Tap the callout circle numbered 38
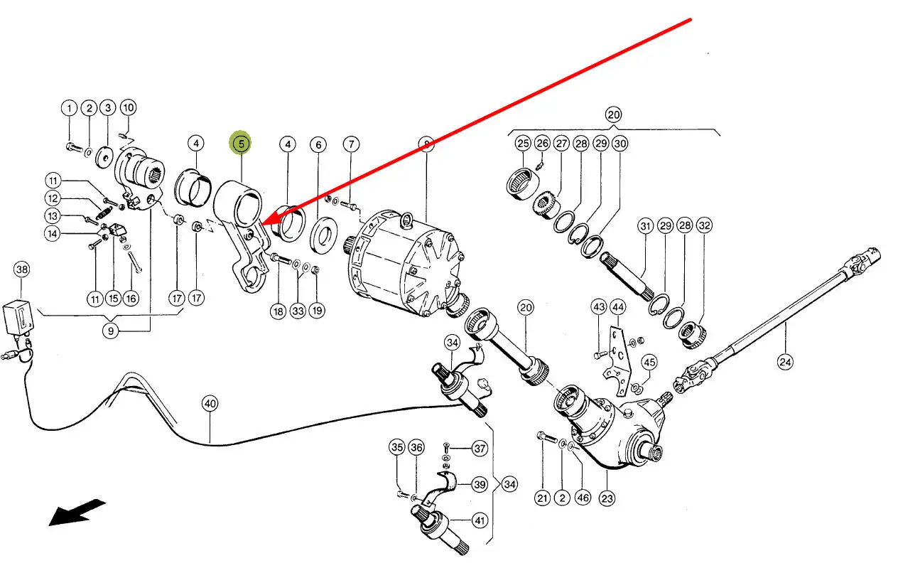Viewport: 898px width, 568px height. pyautogui.click(x=22, y=269)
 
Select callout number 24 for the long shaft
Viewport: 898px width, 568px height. pyautogui.click(x=784, y=363)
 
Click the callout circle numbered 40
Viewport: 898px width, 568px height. pyautogui.click(x=210, y=404)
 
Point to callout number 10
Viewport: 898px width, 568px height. pyautogui.click(x=127, y=108)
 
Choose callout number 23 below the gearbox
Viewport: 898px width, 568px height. pyautogui.click(x=606, y=498)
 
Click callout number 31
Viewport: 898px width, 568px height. pyautogui.click(x=645, y=227)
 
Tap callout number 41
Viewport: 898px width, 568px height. pyautogui.click(x=480, y=520)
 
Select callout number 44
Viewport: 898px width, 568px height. pyautogui.click(x=618, y=307)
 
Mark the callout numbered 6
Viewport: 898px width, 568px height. pyautogui.click(x=318, y=145)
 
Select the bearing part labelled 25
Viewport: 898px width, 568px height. pyautogui.click(x=521, y=179)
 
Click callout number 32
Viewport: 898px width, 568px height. pyautogui.click(x=704, y=227)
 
